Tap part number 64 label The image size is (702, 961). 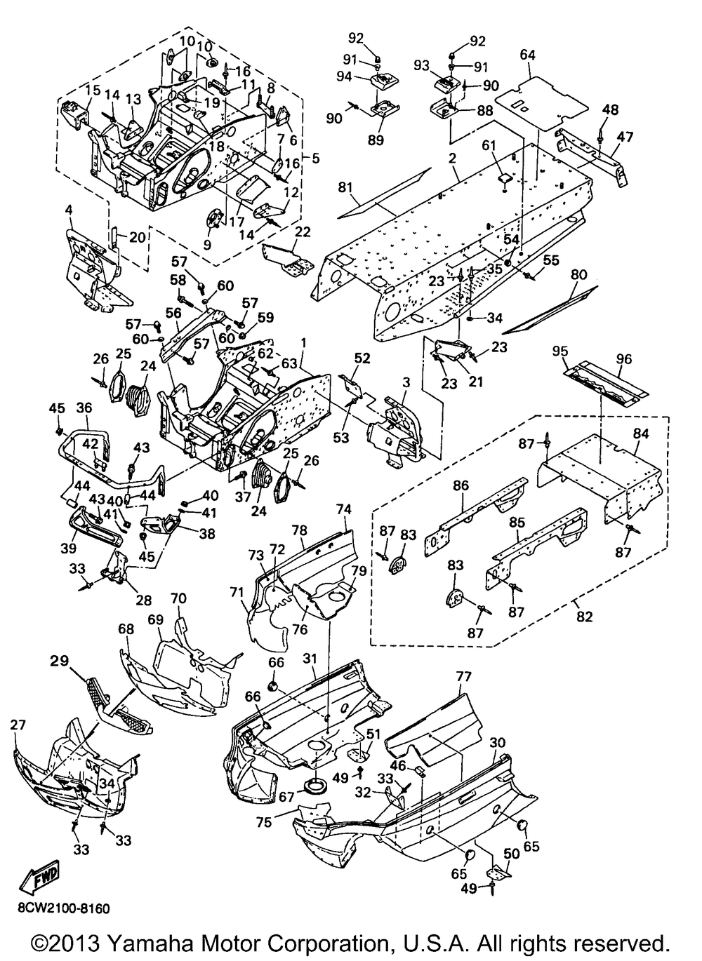[x=528, y=55]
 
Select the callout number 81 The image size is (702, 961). [x=346, y=188]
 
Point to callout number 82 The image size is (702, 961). [x=585, y=617]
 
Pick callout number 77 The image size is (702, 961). [x=463, y=678]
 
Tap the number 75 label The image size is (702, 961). [x=265, y=822]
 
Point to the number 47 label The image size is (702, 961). [x=625, y=137]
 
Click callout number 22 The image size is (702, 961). [x=303, y=231]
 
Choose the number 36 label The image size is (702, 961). [x=84, y=408]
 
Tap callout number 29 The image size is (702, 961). [x=59, y=661]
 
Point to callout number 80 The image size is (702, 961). [x=578, y=274]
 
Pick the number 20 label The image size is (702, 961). [x=138, y=237]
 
